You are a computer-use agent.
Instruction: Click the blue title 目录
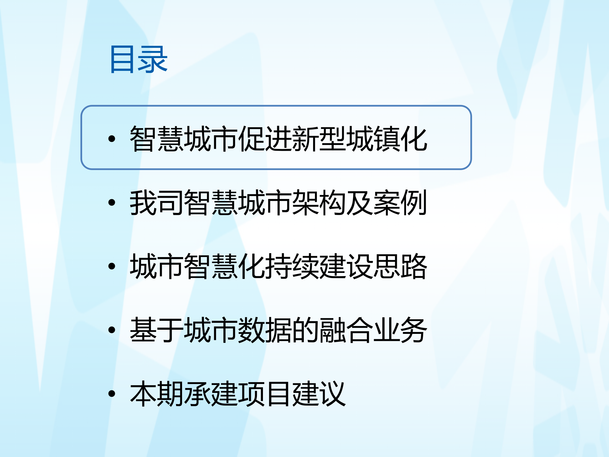[139, 59]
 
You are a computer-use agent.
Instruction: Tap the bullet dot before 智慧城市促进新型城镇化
[112, 139]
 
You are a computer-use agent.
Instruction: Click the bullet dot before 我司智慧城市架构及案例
[112, 202]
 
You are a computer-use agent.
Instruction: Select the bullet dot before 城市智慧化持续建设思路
[112, 266]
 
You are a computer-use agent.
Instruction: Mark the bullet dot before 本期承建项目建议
[112, 394]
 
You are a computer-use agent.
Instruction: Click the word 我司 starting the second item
[157, 202]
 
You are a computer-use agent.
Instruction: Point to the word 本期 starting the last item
[157, 394]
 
